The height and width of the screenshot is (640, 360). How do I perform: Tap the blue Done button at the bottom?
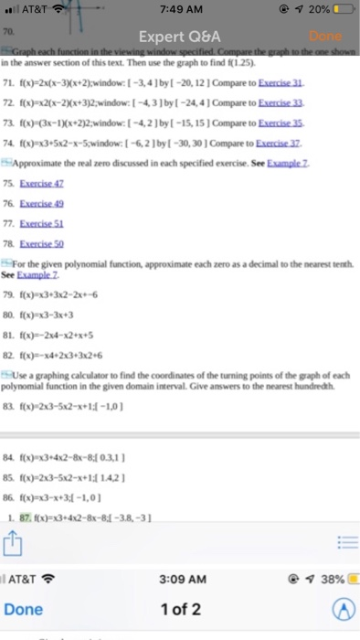tap(24, 609)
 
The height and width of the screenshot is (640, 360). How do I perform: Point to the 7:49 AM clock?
tap(180, 11)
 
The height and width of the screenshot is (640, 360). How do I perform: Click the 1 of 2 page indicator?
tap(180, 609)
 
